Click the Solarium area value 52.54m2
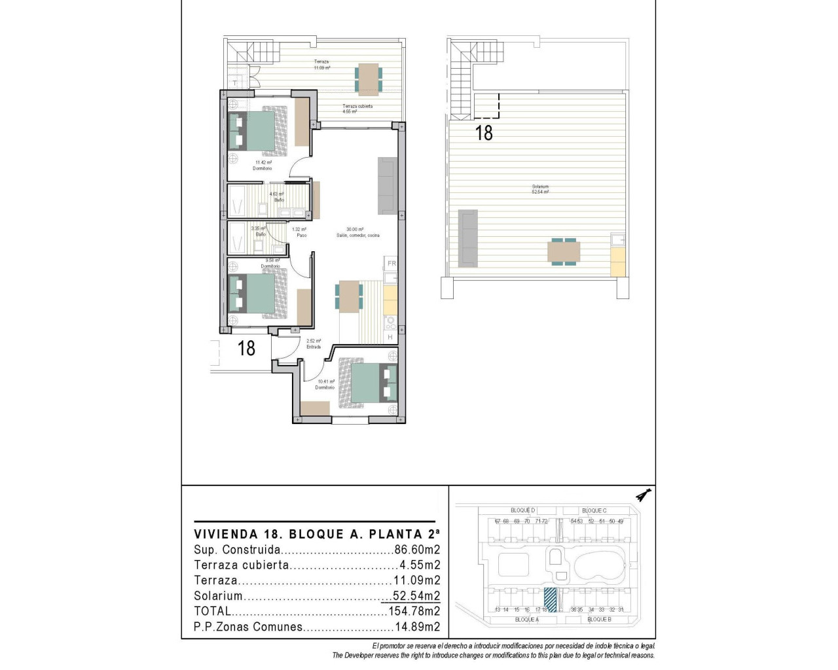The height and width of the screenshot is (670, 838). pos(416,596)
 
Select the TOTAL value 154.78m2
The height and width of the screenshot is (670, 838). pos(412,611)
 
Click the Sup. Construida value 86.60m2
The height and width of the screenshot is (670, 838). pos(417,550)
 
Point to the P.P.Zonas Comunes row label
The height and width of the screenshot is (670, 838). pos(248,627)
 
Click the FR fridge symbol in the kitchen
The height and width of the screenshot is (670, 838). pos(392,264)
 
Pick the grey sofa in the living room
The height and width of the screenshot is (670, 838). pos(387,186)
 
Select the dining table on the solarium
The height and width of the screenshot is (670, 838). pos(563,251)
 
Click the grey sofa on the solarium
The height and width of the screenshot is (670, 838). pos(468,238)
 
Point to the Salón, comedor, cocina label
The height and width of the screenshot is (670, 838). pos(358,236)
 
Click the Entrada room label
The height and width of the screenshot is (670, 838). pos(314,347)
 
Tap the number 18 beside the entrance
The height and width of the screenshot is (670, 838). pos(246,348)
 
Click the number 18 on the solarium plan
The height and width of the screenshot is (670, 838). pos(484,133)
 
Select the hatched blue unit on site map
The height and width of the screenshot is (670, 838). pos(551,600)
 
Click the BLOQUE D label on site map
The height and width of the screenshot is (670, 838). pos(522,510)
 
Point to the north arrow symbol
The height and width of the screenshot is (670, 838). pos(644,496)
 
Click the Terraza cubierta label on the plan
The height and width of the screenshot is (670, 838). pos(357,106)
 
